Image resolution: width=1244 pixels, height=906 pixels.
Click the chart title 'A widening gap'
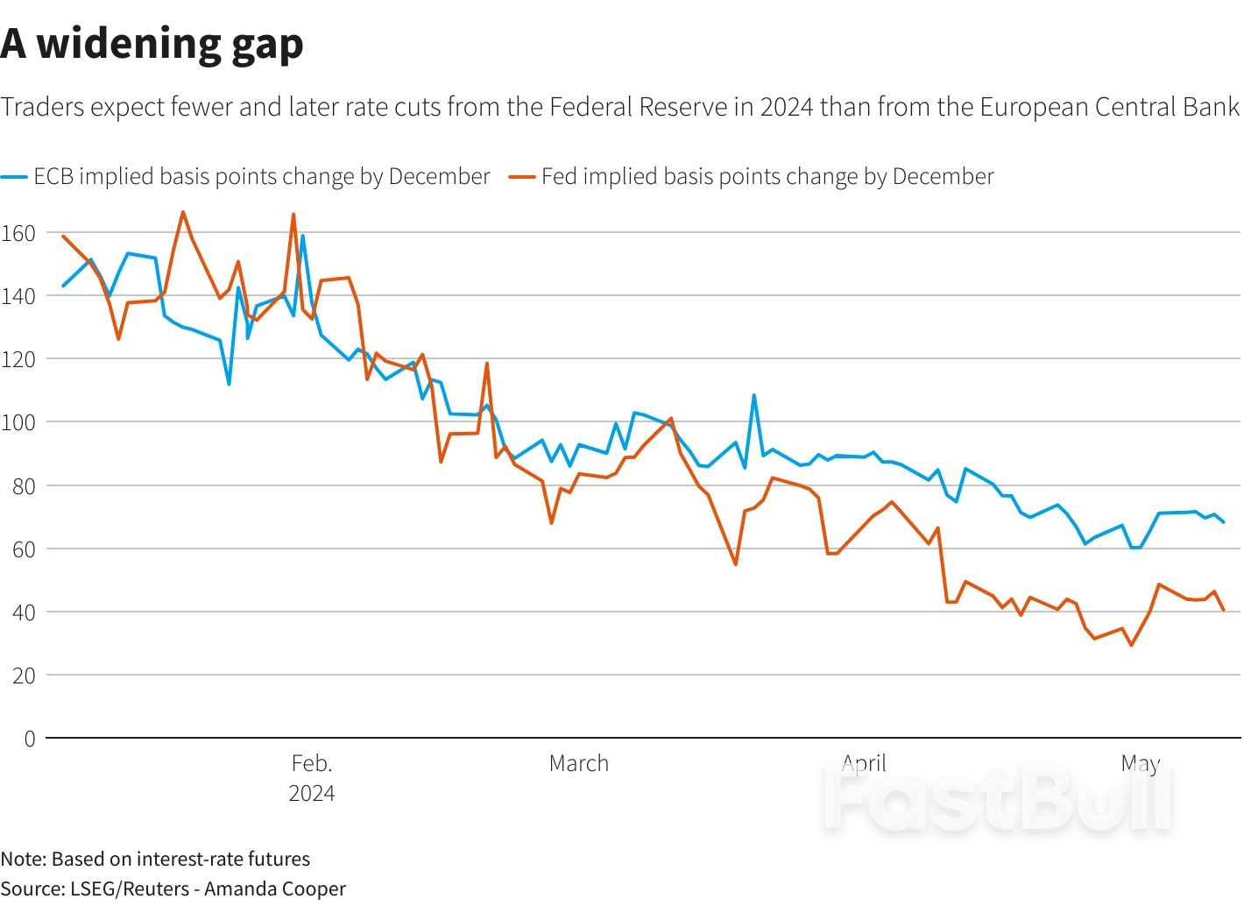pos(152,44)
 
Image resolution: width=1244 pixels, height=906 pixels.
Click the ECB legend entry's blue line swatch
pos(14,177)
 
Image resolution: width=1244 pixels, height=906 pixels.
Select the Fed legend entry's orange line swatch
pos(522,177)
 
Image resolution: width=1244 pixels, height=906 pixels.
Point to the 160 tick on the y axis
pos(18,233)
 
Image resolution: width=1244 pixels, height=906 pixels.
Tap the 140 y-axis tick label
pos(18,296)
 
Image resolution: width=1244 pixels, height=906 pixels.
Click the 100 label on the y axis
pos(18,422)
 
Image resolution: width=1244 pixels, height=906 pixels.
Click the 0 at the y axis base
pos(30,739)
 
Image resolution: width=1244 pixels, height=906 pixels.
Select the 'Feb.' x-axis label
pos(312,763)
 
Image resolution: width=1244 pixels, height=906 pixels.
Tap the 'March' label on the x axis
pos(578,763)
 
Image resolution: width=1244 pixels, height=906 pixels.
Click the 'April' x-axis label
pos(864,763)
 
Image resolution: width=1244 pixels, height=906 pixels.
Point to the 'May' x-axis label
pos(1140,763)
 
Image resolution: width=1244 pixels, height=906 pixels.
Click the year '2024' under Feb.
pos(312,793)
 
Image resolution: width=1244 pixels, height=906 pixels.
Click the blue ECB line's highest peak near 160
pos(302,236)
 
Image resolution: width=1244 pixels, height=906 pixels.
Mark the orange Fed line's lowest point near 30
pos(1131,645)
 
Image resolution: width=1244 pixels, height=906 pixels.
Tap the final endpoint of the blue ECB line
pos(1224,522)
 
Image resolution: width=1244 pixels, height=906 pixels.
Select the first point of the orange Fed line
pos(63,236)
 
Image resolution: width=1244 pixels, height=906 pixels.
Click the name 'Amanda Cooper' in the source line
pos(275,888)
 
